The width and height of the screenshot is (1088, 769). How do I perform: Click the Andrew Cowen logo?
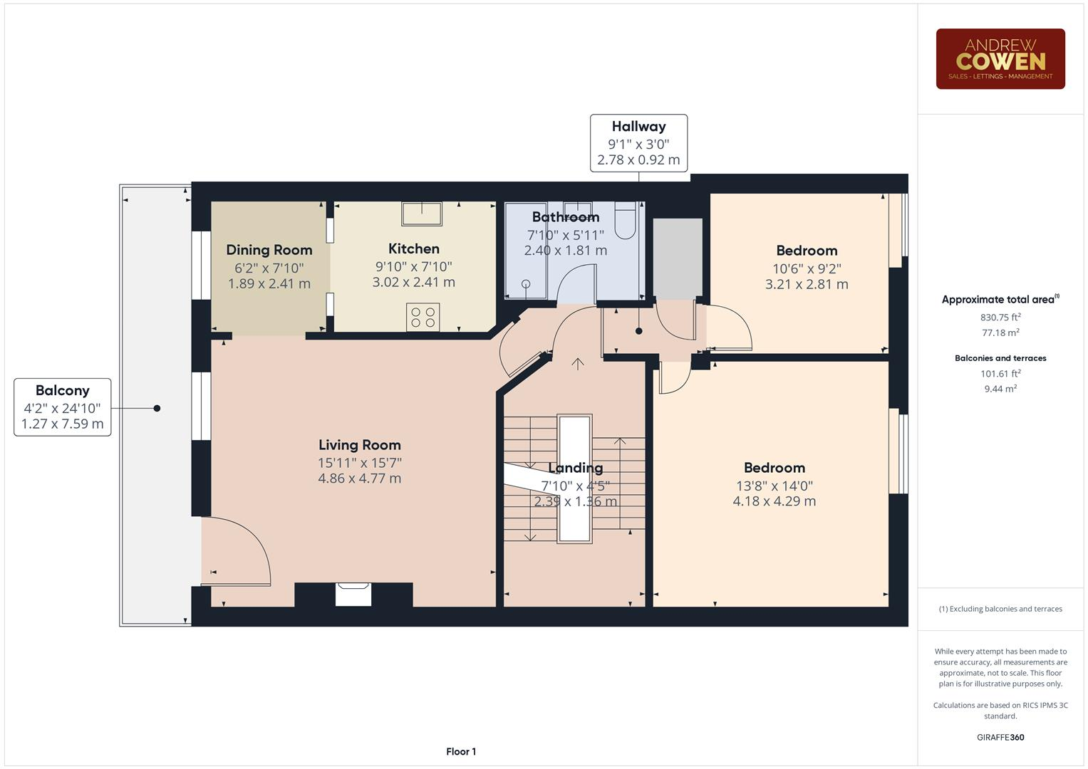tap(1000, 59)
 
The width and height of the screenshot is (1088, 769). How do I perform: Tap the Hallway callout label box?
tap(638, 143)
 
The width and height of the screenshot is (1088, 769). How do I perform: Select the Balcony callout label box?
tap(63, 407)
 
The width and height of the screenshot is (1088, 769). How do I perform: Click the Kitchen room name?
tap(413, 249)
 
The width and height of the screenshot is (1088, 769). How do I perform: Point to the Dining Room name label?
tap(269, 250)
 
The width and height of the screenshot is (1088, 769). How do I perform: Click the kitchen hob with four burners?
tap(423, 317)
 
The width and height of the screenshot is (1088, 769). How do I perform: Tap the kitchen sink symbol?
tap(421, 214)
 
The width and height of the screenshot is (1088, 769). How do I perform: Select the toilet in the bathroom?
tap(625, 220)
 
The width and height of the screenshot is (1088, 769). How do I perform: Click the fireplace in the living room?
tap(353, 594)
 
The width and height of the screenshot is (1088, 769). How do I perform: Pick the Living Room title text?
tap(359, 445)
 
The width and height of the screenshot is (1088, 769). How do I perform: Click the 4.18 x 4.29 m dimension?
tap(774, 501)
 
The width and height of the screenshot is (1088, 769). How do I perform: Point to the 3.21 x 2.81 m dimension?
tap(807, 284)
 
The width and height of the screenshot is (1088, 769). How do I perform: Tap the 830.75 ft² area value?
tap(1000, 318)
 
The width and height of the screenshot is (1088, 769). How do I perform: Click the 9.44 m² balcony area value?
tap(1000, 389)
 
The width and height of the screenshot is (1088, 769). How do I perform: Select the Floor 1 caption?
tap(461, 751)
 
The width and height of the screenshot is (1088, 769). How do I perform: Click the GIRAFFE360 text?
tap(1000, 737)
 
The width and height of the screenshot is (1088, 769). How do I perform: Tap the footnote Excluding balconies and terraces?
tap(1000, 609)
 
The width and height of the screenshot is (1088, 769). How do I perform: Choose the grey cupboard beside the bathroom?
tap(678, 258)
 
